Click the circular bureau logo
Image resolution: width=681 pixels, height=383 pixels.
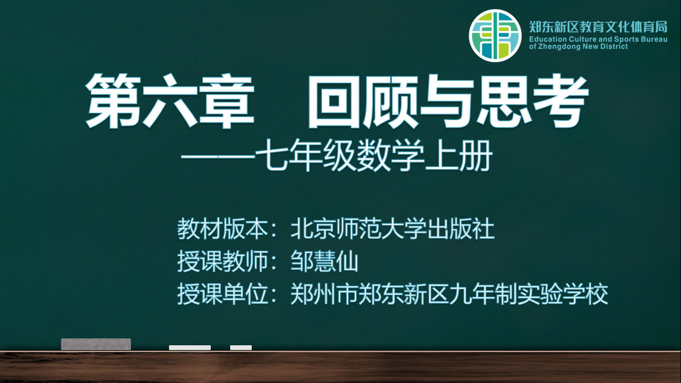tap(495, 35)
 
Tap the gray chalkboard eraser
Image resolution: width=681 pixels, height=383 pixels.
tap(96, 344)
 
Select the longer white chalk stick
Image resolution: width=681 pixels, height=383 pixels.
tap(190, 348)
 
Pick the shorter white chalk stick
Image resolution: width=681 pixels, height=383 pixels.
tap(241, 348)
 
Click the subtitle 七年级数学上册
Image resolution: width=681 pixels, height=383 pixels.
tap(373, 156)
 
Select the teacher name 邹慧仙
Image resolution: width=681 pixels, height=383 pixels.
tap(324, 261)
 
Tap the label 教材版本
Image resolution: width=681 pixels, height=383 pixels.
tap(222, 229)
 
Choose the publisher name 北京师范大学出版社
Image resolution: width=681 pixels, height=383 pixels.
tap(392, 229)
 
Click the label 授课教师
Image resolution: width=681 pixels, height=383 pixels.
tap(222, 261)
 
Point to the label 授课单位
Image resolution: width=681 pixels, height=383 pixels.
tap(222, 294)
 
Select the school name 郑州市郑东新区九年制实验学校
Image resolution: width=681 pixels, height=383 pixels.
tap(449, 294)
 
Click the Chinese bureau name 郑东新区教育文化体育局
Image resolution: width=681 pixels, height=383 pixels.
tap(598, 27)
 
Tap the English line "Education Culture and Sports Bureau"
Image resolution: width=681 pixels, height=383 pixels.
tap(598, 39)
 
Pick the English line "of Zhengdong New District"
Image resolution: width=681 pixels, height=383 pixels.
tap(578, 46)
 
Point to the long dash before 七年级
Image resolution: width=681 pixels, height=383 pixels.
tap(218, 157)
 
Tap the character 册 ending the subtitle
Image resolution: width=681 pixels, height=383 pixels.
tap(476, 156)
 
